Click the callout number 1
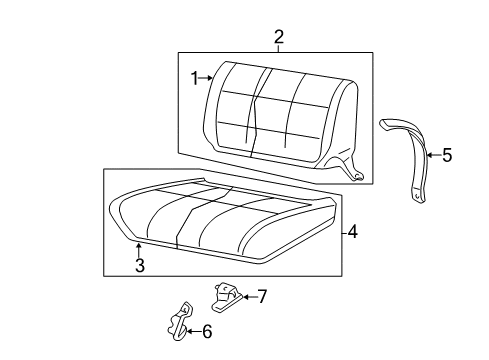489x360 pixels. click(x=196, y=77)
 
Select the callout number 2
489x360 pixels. click(x=279, y=37)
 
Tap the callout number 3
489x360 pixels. click(x=139, y=265)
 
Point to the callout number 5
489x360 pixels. click(x=446, y=155)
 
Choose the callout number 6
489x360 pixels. click(x=207, y=331)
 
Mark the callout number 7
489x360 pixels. click(x=262, y=296)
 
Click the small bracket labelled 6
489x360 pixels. click(x=176, y=319)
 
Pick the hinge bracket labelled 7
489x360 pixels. click(x=226, y=293)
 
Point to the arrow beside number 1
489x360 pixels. click(x=207, y=77)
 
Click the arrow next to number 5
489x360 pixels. click(x=432, y=155)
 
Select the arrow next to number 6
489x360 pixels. click(x=193, y=331)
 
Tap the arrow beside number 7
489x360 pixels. click(x=247, y=296)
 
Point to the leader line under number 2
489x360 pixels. click(x=279, y=49)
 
